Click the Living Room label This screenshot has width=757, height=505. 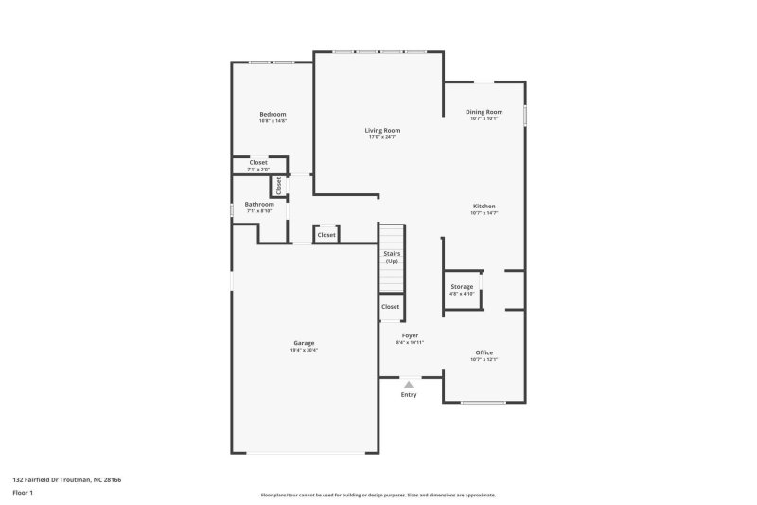pos(383,130)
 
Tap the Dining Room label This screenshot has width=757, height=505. pos(484,112)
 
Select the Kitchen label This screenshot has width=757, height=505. pos(484,207)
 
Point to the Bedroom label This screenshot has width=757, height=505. pos(273,114)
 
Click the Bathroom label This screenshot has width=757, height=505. pos(259,204)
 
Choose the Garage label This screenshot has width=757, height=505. pos(304,343)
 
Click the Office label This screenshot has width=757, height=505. pos(484,352)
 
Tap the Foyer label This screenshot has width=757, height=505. pos(410,335)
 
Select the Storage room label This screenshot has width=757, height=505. pos(462,287)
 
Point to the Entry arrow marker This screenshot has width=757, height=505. pos(409,384)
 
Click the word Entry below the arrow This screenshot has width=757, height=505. pos(409,394)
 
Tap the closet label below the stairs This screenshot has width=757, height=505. pos(391,307)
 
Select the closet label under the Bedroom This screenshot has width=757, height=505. pos(258,162)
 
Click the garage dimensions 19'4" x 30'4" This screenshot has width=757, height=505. pos(304,351)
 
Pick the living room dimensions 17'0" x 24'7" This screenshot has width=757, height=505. pos(383,137)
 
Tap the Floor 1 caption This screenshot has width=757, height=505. pos(24,493)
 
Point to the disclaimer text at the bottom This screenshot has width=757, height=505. pos(378,495)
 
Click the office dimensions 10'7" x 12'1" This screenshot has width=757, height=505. pos(484,360)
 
